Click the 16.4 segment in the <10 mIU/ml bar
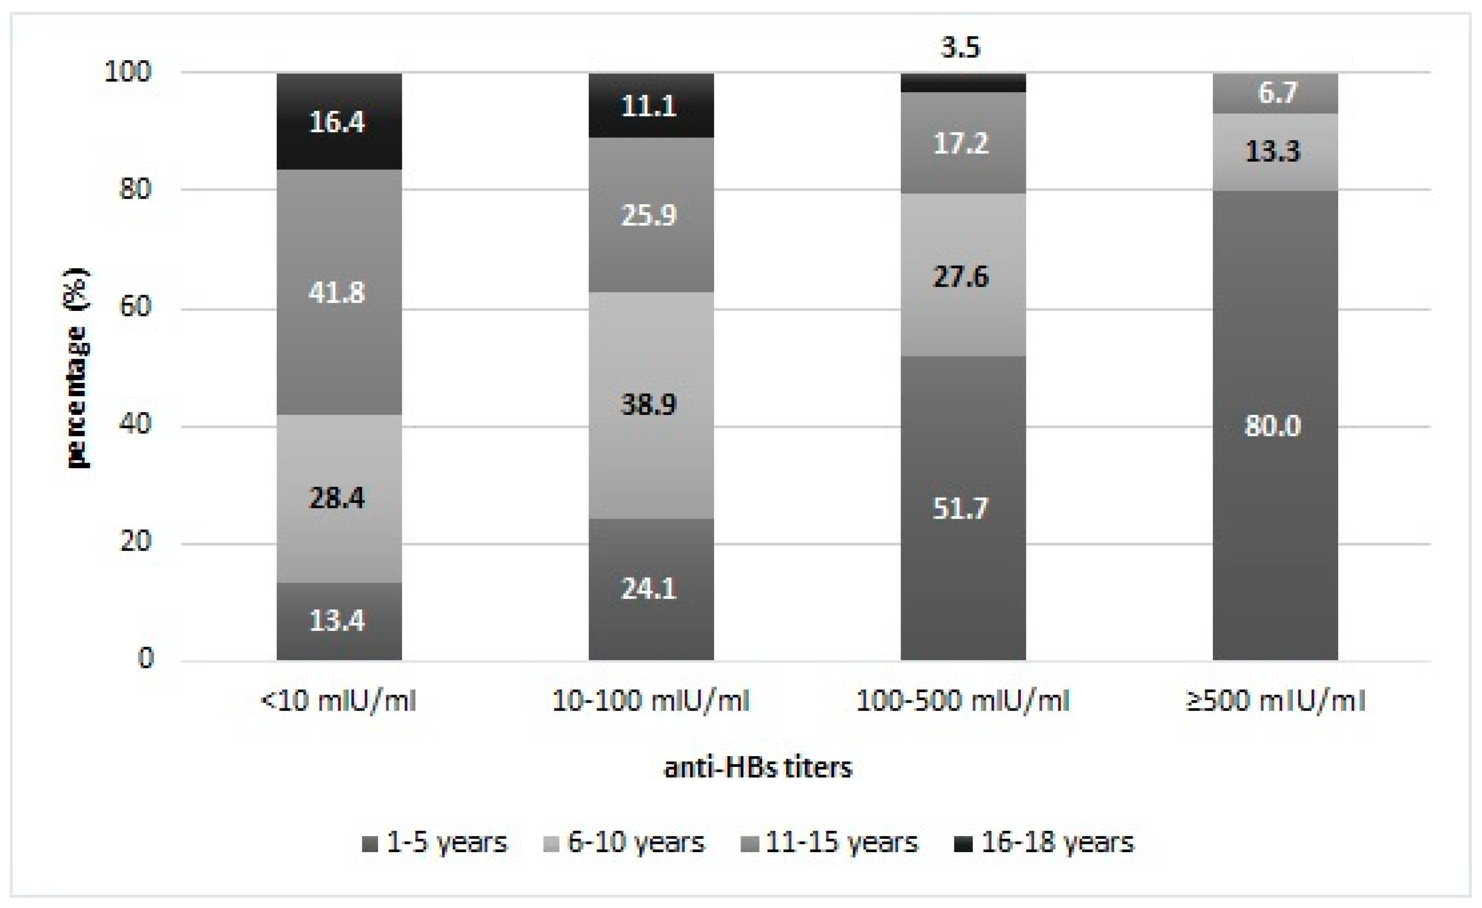pyautogui.click(x=339, y=122)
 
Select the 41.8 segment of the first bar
pyautogui.click(x=339, y=293)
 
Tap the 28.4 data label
pyautogui.click(x=337, y=498)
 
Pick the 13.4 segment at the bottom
pyautogui.click(x=339, y=621)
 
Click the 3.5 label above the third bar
pyautogui.click(x=961, y=47)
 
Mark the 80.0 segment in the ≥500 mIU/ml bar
pyautogui.click(x=1275, y=426)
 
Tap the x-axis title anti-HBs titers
pyautogui.click(x=758, y=768)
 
